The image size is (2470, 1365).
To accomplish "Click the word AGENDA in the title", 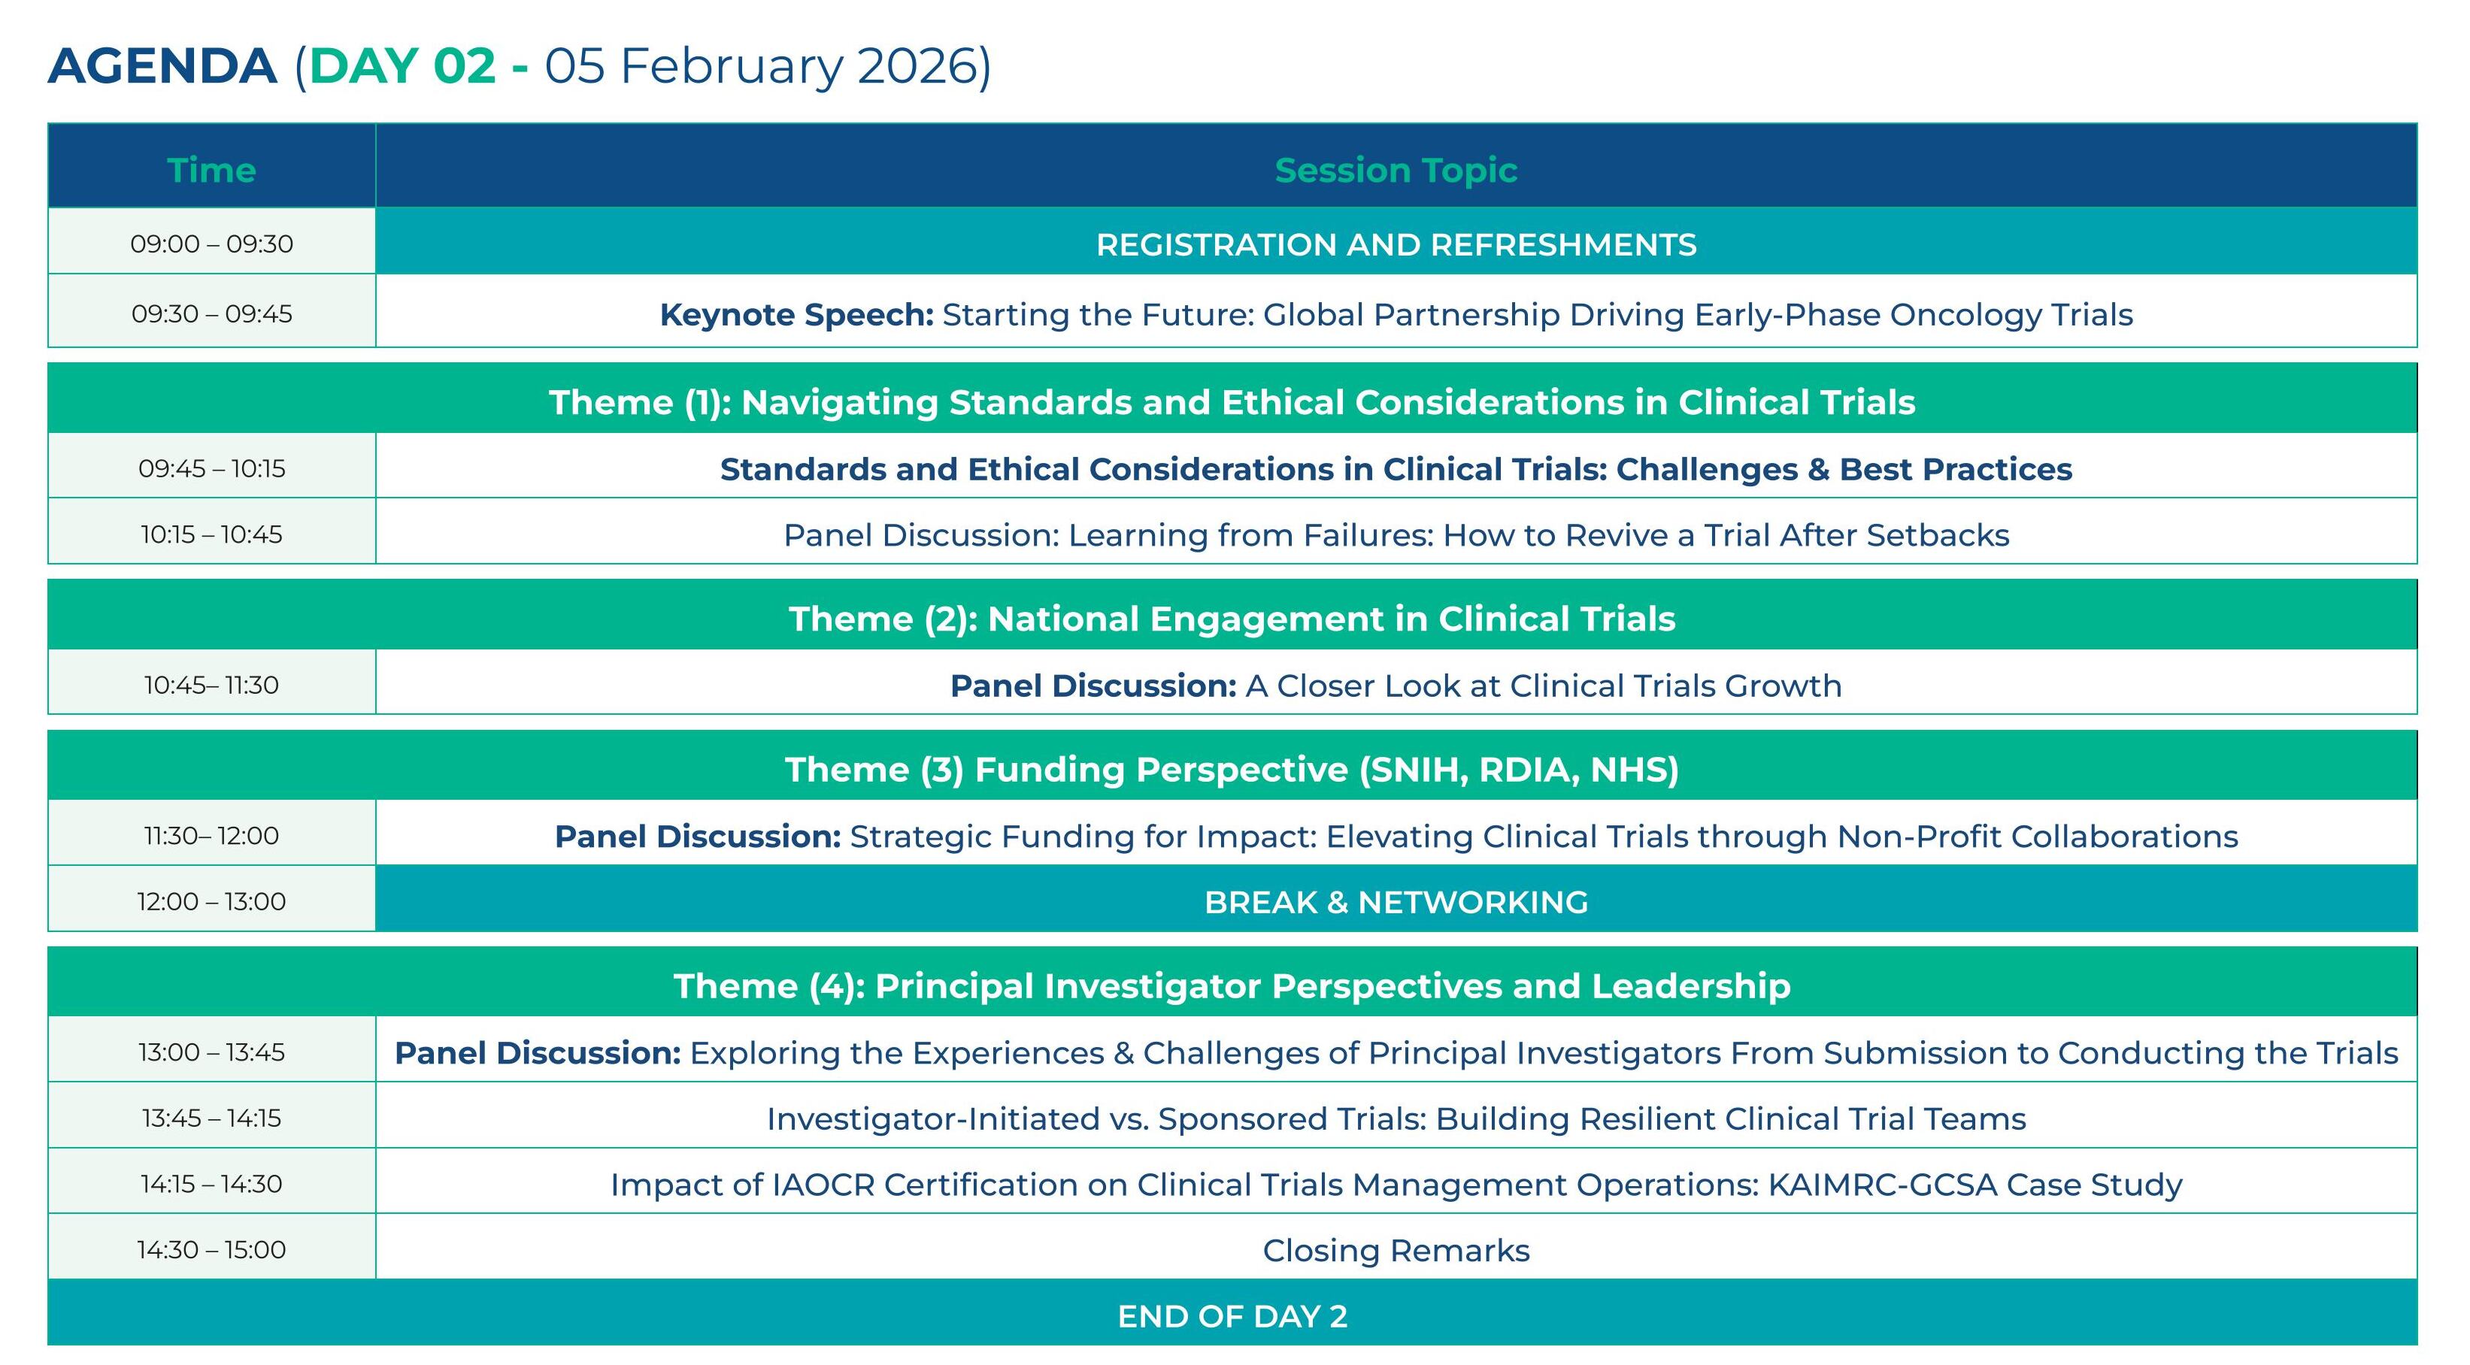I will (162, 66).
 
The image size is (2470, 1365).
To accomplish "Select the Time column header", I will (211, 170).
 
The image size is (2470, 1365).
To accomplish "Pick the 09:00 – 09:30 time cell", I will (211, 244).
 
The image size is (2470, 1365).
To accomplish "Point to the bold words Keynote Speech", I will (796, 314).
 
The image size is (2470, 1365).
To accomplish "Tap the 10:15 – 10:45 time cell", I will (211, 534).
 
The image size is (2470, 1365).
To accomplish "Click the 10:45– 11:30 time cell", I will (211, 685).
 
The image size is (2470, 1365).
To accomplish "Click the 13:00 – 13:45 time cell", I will (211, 1052).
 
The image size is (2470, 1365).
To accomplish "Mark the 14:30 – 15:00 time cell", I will (211, 1249).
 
